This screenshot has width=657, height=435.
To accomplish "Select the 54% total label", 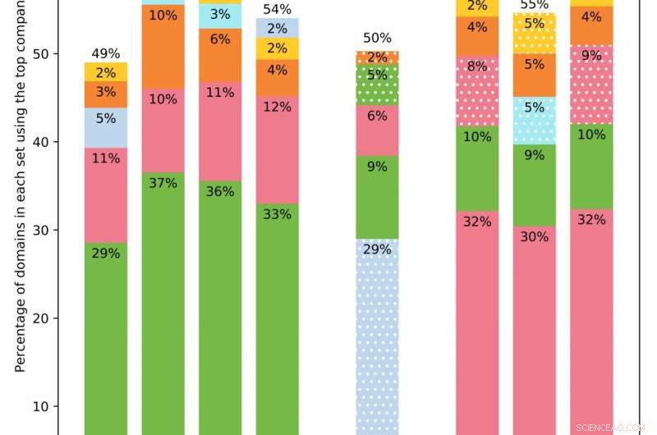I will [x=277, y=9].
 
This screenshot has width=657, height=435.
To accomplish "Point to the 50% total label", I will [x=377, y=39].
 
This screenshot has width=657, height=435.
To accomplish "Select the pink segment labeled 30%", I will [x=535, y=328].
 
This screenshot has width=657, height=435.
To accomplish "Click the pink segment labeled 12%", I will [x=277, y=108].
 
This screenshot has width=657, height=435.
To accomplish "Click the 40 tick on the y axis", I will [x=48, y=142].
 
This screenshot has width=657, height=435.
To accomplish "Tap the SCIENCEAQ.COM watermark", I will [x=610, y=428].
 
